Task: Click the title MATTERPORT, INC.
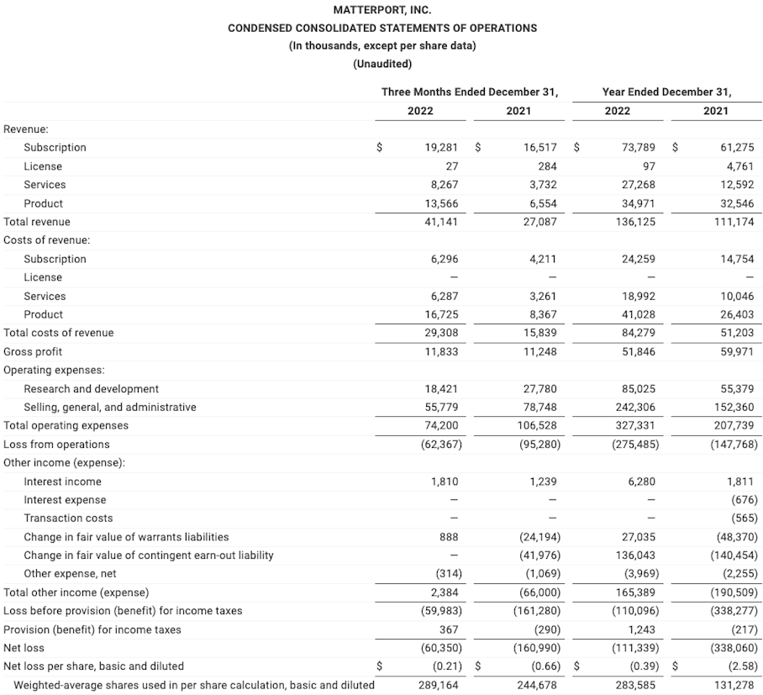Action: pyautogui.click(x=382, y=10)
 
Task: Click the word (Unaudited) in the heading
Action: pyautogui.click(x=382, y=64)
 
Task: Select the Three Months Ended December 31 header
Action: pyautogui.click(x=470, y=92)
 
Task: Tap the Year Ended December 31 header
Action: pyautogui.click(x=666, y=92)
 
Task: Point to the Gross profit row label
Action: pyautogui.click(x=33, y=351)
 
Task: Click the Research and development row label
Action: pyautogui.click(x=91, y=389)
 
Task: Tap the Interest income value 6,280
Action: pyautogui.click(x=641, y=482)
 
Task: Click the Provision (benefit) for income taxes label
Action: pyautogui.click(x=92, y=629)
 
